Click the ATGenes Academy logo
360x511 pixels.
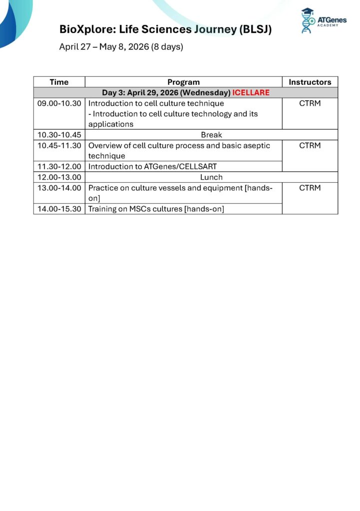pos(323,21)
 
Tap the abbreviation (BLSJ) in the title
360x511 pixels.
pos(255,29)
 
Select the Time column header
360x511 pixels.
pos(59,82)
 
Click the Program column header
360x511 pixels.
pos(183,82)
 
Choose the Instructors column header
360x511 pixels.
pos(310,82)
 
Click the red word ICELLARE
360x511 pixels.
pos(251,93)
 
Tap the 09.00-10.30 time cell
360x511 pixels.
pos(59,103)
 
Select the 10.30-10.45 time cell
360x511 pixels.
pos(59,135)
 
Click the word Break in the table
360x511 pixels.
pos(211,135)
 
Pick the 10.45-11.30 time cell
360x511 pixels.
pos(59,146)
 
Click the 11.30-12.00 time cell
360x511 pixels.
pos(59,167)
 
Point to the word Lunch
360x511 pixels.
pos(211,177)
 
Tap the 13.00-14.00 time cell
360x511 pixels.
pos(59,188)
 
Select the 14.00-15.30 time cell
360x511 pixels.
pos(59,209)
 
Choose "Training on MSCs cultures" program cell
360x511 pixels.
pos(156,209)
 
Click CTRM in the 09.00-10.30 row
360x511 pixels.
pos(310,103)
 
